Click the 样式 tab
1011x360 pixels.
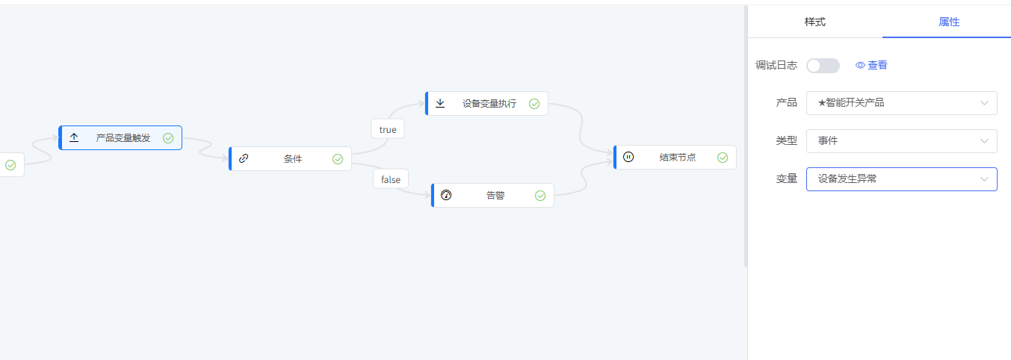(814, 22)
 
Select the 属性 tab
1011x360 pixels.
(948, 22)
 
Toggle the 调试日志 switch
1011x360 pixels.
(823, 66)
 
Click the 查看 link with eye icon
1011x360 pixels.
(872, 66)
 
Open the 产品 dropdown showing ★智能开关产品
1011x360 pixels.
(901, 103)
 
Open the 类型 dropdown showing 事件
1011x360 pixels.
(901, 141)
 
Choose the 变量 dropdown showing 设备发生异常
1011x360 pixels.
(901, 179)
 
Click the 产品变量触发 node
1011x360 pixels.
(122, 138)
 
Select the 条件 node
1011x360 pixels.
(291, 159)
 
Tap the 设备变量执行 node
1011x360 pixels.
(488, 104)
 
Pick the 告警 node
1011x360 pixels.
(494, 196)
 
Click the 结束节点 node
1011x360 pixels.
(676, 158)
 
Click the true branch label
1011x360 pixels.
(388, 129)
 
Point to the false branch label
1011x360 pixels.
(391, 179)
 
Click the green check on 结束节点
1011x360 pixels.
(723, 158)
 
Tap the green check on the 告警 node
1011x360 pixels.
(540, 196)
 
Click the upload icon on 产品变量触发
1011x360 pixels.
(74, 138)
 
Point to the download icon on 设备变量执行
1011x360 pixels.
(440, 103)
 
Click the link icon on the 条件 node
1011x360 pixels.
(244, 158)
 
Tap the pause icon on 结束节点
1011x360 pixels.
(628, 157)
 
